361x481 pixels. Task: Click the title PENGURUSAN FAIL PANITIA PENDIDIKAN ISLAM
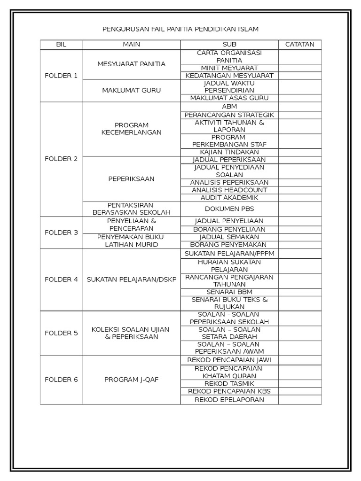[x=180, y=29]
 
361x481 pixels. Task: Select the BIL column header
[x=61, y=45]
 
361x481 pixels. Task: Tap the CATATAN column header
[x=300, y=45]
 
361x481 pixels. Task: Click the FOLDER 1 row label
[x=61, y=76]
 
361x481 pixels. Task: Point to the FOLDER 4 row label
[x=61, y=279]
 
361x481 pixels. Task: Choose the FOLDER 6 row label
[x=61, y=380]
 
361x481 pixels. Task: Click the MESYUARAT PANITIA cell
[x=132, y=64]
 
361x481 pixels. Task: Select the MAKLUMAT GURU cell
[x=132, y=90]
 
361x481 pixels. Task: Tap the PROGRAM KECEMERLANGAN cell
[x=132, y=129]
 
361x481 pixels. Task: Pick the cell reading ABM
[x=229, y=107]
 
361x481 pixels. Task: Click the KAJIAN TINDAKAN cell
[x=229, y=152]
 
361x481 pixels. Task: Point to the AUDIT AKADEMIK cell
[x=229, y=198]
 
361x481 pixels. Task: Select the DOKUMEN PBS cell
[x=229, y=209]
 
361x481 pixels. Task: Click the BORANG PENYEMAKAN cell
[x=229, y=245]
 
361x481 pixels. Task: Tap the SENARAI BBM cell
[x=229, y=292]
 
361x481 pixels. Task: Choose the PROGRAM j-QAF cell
[x=132, y=380]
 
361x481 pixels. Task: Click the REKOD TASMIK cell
[x=229, y=384]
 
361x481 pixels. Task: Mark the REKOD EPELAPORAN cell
[x=229, y=400]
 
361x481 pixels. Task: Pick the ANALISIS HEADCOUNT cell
[x=229, y=190]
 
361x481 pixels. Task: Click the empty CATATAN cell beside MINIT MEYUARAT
[x=300, y=68]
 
